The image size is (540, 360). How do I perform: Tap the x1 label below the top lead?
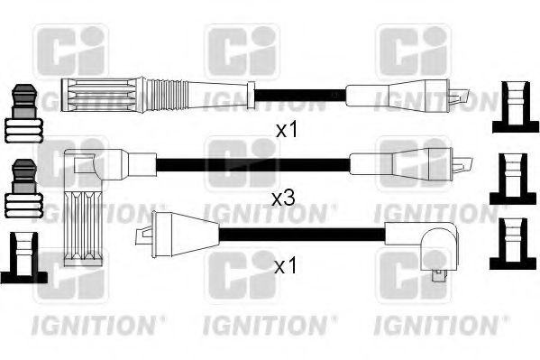click(x=286, y=130)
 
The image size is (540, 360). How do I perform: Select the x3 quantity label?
click(x=282, y=198)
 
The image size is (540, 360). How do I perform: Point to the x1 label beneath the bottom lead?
click(x=285, y=268)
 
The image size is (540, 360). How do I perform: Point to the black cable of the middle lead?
click(x=252, y=164)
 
